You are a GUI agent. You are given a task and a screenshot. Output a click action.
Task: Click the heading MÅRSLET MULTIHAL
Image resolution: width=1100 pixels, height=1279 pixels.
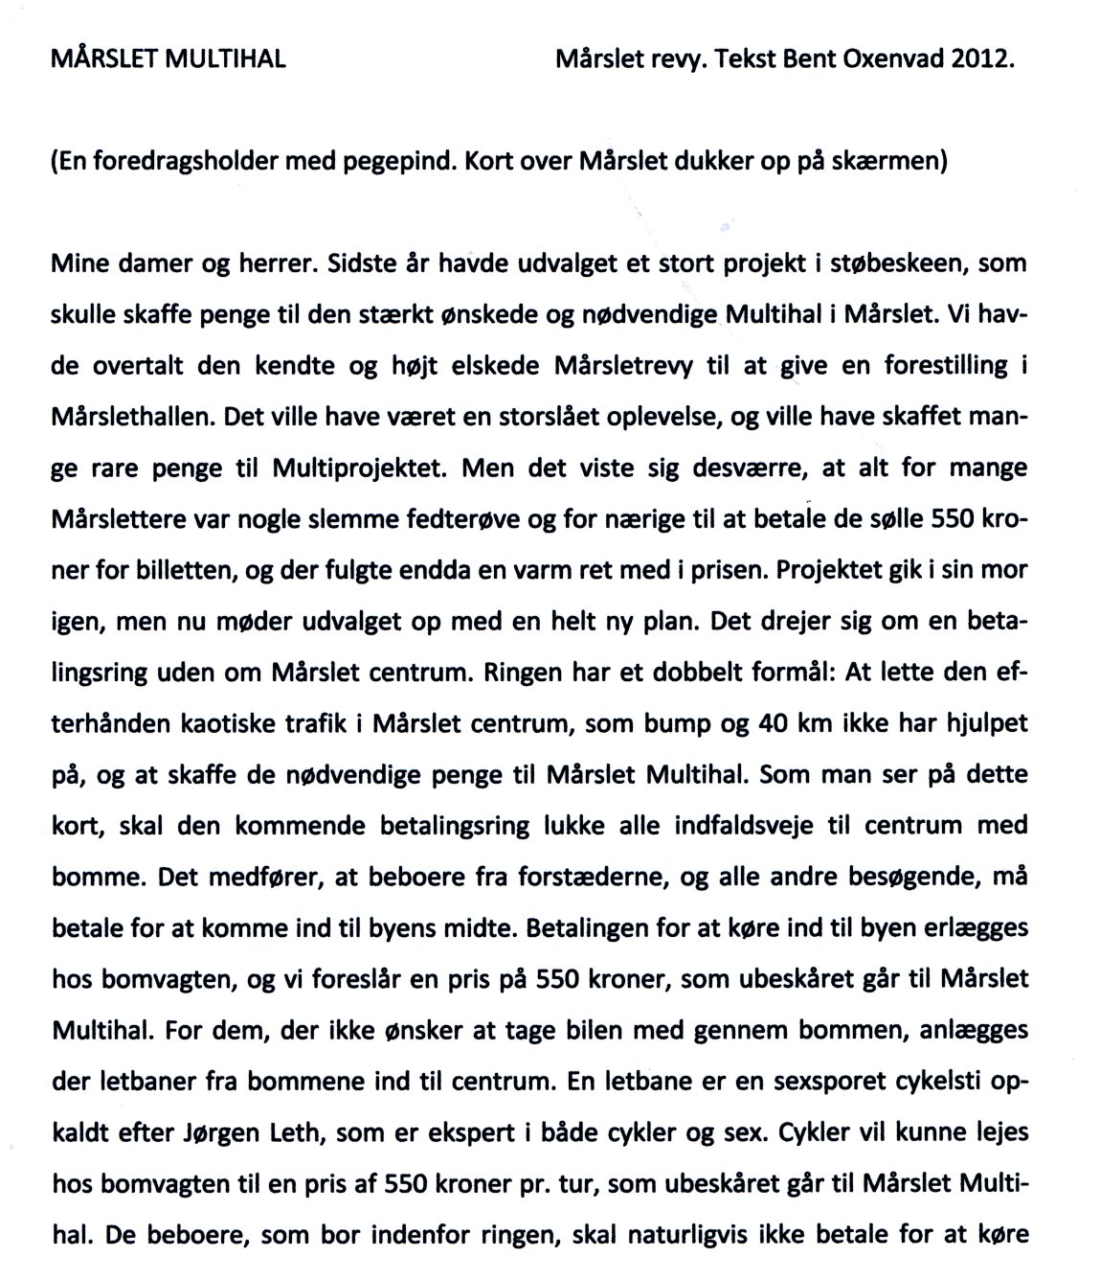tap(168, 59)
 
